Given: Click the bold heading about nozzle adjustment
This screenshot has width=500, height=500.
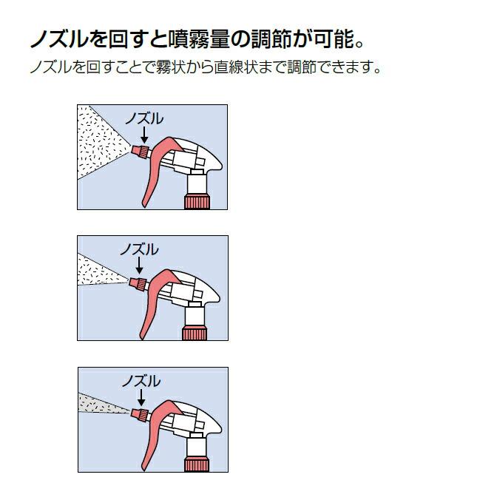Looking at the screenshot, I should [200, 38].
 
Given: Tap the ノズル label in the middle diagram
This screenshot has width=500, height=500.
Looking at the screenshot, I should [139, 249].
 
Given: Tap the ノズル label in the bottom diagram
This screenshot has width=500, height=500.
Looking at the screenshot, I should [141, 381].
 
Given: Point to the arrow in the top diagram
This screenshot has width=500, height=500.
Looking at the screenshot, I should [143, 135].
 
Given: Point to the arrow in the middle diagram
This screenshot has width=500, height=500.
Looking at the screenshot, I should [139, 266].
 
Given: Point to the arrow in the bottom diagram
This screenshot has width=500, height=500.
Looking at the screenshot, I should [141, 398].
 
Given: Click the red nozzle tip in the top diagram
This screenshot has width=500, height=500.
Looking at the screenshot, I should [138, 151].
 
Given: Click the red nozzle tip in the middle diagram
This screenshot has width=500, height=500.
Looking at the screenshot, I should [135, 283].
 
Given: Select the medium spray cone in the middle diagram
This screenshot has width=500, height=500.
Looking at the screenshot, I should [101, 273].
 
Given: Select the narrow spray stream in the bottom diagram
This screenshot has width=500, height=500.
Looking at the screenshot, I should [104, 404].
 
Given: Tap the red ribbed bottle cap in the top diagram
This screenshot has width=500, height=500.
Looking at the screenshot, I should [197, 200].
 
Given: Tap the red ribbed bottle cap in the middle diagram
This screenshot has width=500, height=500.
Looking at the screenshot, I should [195, 332].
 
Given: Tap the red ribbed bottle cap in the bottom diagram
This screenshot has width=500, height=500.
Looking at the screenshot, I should [196, 464].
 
